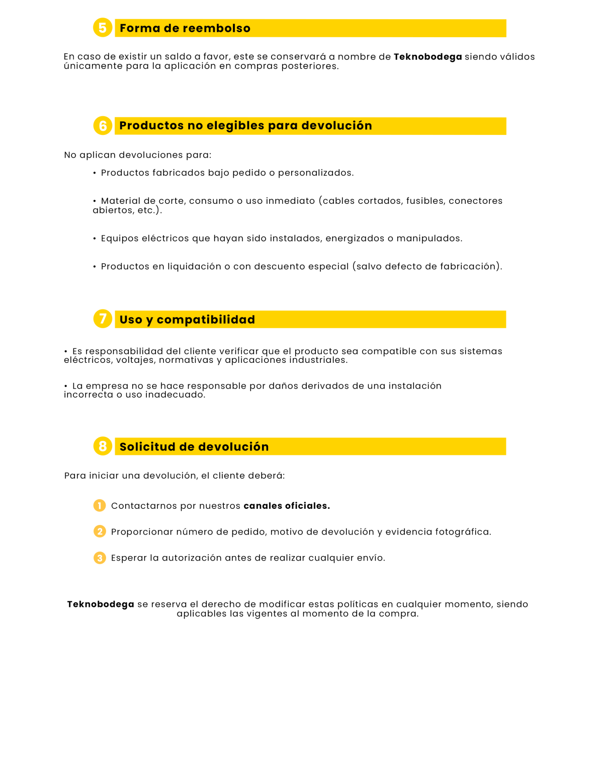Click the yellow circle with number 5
click(103, 28)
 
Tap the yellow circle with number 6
click(103, 125)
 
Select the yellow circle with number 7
click(103, 319)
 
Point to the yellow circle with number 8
click(103, 446)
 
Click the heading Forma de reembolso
click(185, 28)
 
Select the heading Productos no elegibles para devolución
click(245, 126)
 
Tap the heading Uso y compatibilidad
click(187, 320)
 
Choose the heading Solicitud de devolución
click(194, 447)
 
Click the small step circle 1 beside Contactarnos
click(100, 505)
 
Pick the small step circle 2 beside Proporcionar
click(100, 531)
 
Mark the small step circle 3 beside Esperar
click(100, 558)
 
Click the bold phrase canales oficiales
click(287, 506)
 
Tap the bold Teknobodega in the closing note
click(101, 604)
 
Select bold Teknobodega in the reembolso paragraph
click(428, 57)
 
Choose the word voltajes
click(134, 360)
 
